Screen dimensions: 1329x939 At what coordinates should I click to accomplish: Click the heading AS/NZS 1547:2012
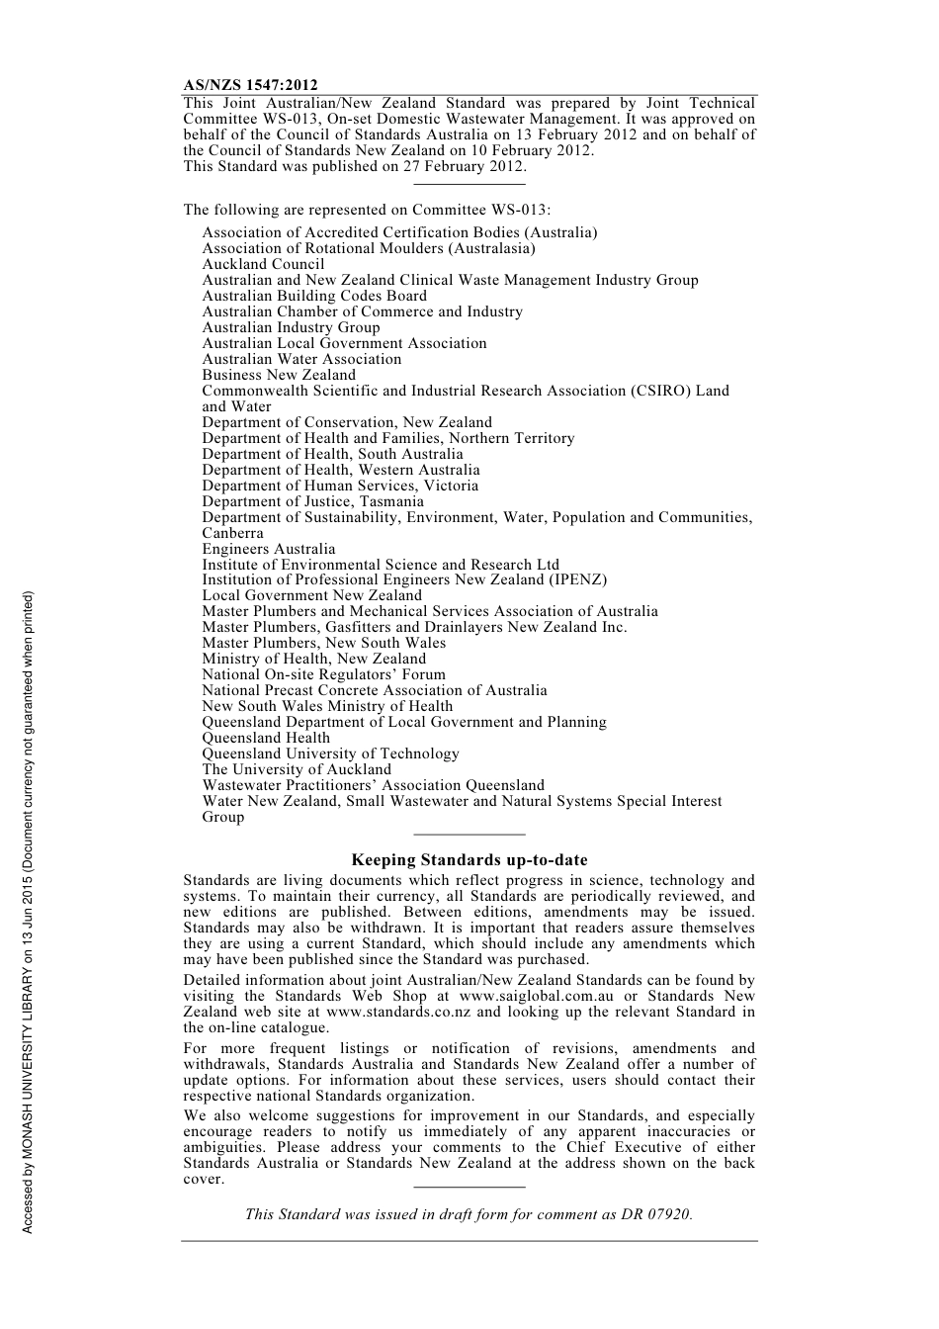(x=250, y=86)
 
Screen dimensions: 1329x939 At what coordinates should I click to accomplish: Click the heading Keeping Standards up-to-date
(x=469, y=860)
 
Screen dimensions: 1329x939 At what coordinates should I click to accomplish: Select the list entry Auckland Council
(x=263, y=264)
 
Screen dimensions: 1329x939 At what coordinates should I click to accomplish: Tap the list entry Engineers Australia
(x=269, y=549)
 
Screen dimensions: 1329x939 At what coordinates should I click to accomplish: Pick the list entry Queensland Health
(x=266, y=738)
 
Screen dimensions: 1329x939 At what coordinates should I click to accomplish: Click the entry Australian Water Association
(x=301, y=359)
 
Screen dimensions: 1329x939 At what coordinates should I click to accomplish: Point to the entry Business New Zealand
(x=279, y=375)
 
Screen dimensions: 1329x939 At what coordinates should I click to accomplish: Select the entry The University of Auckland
(x=297, y=769)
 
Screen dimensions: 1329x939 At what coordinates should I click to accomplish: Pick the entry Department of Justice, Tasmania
(x=312, y=501)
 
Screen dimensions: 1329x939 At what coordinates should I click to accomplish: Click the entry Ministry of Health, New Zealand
(x=314, y=659)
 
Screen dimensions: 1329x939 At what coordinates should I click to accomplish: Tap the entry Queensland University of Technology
(x=330, y=753)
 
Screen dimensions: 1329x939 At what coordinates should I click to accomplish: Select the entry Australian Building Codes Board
(x=314, y=296)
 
